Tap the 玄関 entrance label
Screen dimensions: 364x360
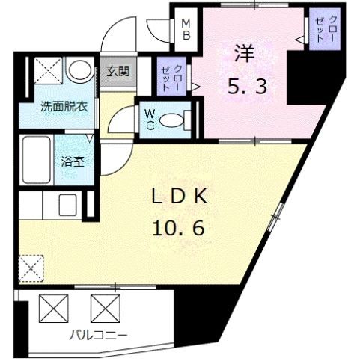118,72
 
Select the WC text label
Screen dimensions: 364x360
150,120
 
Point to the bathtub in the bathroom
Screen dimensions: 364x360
37,159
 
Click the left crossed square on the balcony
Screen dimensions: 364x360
52,306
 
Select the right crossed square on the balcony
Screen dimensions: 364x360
105,306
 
